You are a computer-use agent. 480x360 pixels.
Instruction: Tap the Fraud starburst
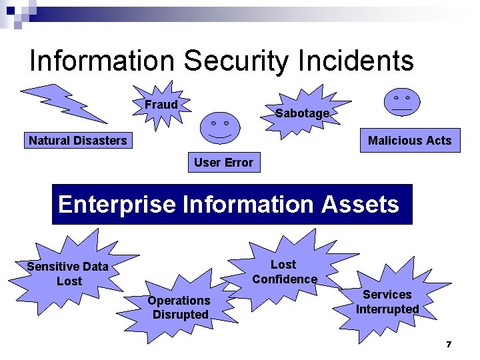tap(161, 105)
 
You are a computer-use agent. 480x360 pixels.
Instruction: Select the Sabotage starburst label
tap(303, 113)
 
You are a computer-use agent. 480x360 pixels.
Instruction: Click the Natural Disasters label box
tap(78, 140)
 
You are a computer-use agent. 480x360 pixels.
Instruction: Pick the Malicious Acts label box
tap(409, 140)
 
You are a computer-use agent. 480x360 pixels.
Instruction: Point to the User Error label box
tap(223, 162)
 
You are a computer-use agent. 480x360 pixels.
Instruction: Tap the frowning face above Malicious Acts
tap(403, 101)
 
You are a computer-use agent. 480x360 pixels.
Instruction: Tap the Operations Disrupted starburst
tap(179, 307)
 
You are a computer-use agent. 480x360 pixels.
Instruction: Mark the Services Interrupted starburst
tap(387, 301)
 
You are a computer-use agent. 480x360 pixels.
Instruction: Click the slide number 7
tap(449, 345)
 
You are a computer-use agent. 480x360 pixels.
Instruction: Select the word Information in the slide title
tap(103, 61)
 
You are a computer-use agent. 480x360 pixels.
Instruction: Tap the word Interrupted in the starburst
tap(387, 309)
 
